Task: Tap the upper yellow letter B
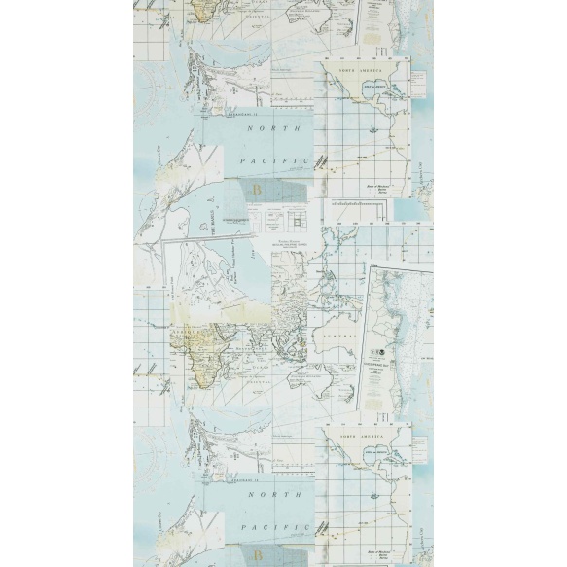coord(257,188)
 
